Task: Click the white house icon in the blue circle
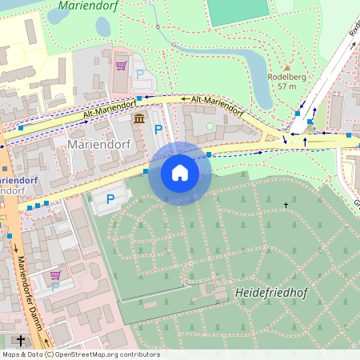click(x=180, y=173)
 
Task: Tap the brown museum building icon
click(x=140, y=119)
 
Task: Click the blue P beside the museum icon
click(x=158, y=129)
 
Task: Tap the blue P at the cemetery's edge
click(x=110, y=198)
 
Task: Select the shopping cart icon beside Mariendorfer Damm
click(x=55, y=275)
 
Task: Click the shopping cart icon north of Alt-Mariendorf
click(x=121, y=66)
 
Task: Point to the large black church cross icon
click(x=21, y=341)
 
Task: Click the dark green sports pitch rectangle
click(x=238, y=10)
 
